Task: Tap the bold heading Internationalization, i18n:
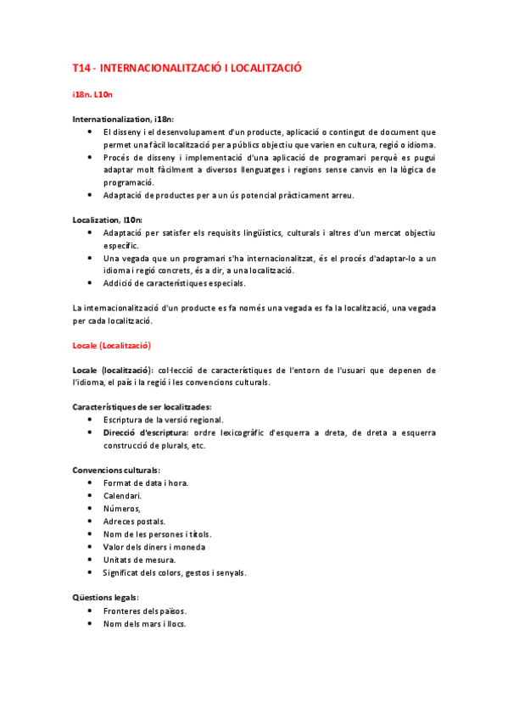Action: [x=124, y=120]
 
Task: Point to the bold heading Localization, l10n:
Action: [x=108, y=220]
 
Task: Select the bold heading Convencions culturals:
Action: [x=116, y=471]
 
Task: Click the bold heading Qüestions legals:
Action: [x=104, y=598]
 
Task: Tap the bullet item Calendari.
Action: [x=122, y=496]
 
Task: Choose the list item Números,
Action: [x=122, y=509]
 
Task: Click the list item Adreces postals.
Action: [x=135, y=521]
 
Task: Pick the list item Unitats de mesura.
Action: [x=140, y=560]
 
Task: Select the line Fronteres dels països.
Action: [x=145, y=611]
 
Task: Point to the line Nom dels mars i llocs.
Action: [x=145, y=624]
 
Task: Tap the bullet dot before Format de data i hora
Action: [x=91, y=483]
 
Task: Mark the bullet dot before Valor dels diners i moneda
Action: [x=91, y=547]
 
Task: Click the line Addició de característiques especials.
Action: [x=174, y=282]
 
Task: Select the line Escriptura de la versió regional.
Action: [x=164, y=420]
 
